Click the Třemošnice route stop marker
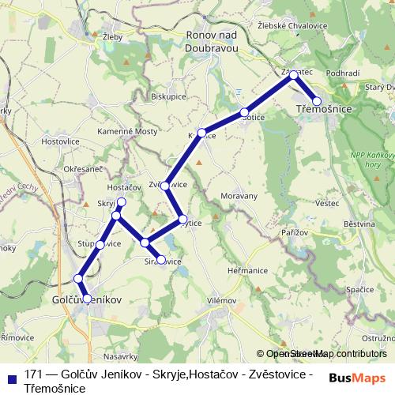pyautogui.click(x=317, y=101)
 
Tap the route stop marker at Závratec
pyautogui.click(x=293, y=75)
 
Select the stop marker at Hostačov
pyautogui.click(x=121, y=201)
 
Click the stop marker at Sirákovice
pyautogui.click(x=161, y=259)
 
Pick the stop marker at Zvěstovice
pyautogui.click(x=165, y=186)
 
